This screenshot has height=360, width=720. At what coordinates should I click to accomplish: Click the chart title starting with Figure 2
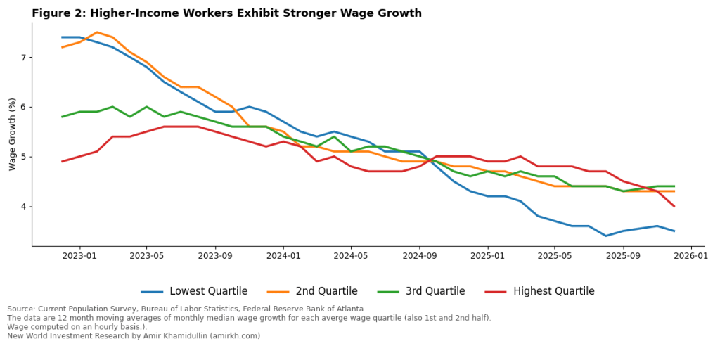[226, 13]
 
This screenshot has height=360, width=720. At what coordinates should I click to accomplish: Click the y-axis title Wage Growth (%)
[13, 134]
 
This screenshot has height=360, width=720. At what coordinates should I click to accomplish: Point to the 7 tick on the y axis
[25, 58]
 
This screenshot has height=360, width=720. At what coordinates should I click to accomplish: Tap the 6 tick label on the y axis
[25, 107]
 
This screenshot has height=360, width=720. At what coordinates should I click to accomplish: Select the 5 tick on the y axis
[25, 157]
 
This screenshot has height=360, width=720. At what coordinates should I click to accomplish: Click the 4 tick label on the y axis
[25, 207]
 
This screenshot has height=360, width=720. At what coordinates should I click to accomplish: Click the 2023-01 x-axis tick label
[79, 257]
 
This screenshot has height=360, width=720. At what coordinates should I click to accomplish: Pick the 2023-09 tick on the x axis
[215, 257]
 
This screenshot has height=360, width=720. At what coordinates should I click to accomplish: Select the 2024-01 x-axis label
[283, 257]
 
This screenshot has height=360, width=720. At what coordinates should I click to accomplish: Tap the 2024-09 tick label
[419, 257]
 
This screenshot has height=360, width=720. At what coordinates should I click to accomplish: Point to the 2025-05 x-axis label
[555, 257]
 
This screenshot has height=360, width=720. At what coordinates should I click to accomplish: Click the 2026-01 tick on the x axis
[691, 257]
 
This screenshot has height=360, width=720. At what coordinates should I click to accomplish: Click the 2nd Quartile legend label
[324, 291]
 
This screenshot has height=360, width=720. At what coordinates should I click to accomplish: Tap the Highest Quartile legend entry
[553, 291]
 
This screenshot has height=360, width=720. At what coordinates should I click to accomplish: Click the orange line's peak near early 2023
[97, 32]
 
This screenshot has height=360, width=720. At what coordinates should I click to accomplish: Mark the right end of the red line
[674, 206]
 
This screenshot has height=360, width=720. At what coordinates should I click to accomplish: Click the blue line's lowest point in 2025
[606, 236]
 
